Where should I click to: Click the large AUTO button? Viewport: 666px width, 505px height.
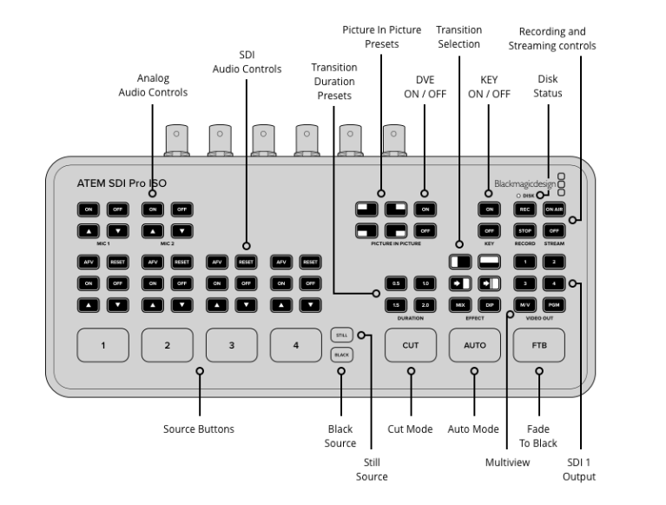tap(475, 345)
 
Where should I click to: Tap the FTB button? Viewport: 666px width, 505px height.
tap(539, 345)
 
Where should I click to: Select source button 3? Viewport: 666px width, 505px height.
tap(232, 345)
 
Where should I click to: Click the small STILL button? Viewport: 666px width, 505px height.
tap(341, 334)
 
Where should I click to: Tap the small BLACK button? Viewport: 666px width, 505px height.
tap(341, 355)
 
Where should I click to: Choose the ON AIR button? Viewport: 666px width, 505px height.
tap(554, 209)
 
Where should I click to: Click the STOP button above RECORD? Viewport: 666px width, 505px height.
tap(524, 230)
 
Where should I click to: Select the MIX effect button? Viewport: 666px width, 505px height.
tap(459, 305)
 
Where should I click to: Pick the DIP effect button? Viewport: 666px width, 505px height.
tap(490, 305)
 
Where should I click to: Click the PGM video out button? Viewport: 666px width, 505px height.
tap(554, 305)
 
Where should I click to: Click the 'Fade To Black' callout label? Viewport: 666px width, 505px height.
tap(539, 435)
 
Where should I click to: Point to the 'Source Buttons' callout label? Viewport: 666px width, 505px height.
tap(199, 429)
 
